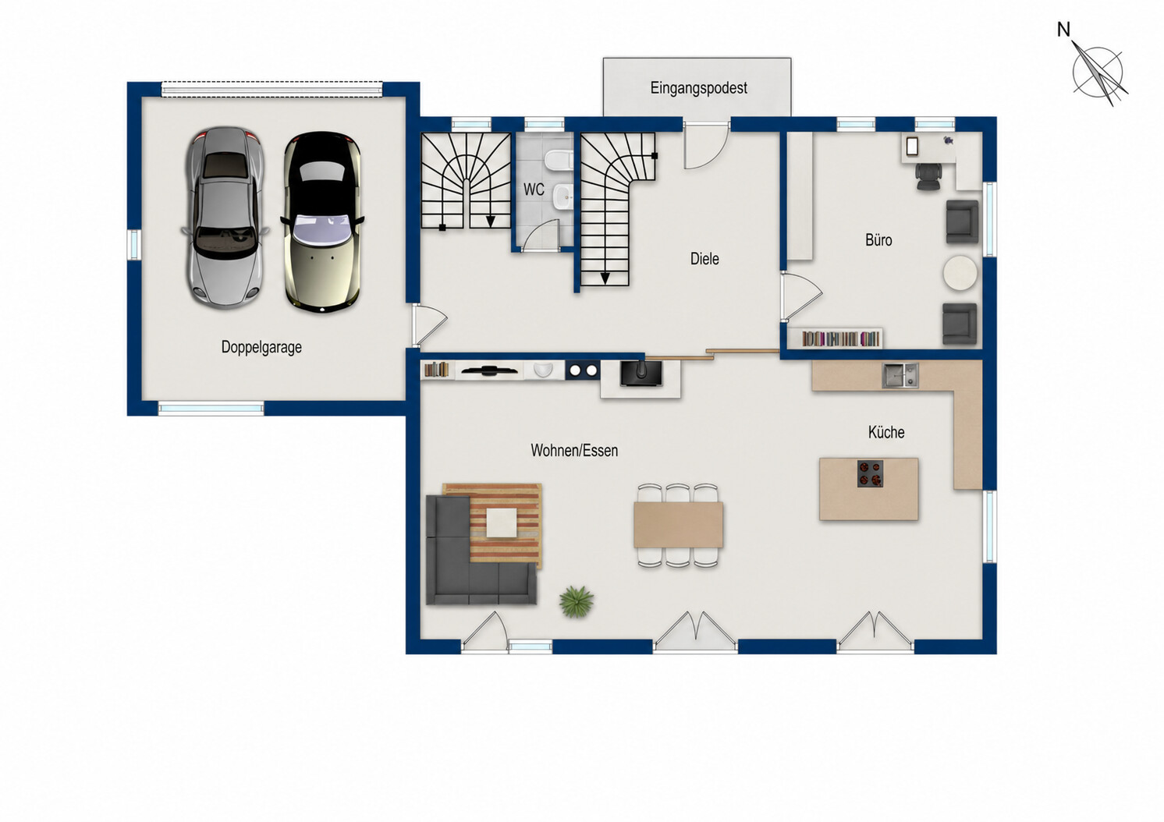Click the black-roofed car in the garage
(322, 221)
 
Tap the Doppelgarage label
(261, 347)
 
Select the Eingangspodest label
(698, 88)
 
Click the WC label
(534, 190)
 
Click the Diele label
(704, 259)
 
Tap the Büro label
(878, 240)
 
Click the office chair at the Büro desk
(928, 176)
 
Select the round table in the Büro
(960, 273)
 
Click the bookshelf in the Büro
(840, 338)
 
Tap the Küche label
(886, 432)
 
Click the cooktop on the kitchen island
(870, 474)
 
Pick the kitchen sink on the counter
(900, 375)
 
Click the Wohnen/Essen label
(574, 451)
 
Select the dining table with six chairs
(678, 525)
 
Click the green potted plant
(577, 602)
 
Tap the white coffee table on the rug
(502, 523)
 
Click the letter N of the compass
(1063, 30)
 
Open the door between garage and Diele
(429, 324)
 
